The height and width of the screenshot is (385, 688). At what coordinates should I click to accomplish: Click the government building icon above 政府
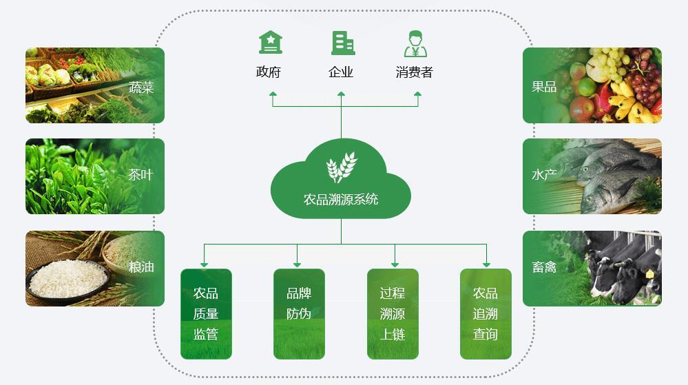pyautogui.click(x=270, y=43)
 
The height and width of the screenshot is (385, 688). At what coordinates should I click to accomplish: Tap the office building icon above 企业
pyautogui.click(x=342, y=43)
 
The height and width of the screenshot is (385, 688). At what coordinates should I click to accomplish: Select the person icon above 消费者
pyautogui.click(x=415, y=43)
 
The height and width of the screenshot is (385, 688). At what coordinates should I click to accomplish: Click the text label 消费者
pyautogui.click(x=414, y=72)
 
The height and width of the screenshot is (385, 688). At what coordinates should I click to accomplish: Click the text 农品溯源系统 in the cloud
pyautogui.click(x=341, y=200)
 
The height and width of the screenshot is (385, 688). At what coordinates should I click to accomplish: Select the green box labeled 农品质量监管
pyautogui.click(x=206, y=314)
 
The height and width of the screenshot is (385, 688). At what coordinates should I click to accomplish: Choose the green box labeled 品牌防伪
pyautogui.click(x=299, y=314)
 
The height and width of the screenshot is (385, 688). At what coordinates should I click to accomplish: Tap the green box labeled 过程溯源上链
pyautogui.click(x=393, y=314)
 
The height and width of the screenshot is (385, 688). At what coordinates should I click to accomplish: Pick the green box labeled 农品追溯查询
pyautogui.click(x=486, y=314)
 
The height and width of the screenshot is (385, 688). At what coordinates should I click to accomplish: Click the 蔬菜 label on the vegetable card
pyautogui.click(x=141, y=87)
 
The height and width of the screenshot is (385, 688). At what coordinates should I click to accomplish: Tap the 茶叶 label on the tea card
pyautogui.click(x=140, y=175)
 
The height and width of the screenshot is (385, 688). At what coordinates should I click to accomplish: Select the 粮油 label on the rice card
pyautogui.click(x=141, y=267)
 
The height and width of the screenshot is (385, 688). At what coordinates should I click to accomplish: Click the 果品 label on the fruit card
pyautogui.click(x=544, y=87)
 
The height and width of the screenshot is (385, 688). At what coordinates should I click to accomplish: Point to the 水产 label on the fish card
pyautogui.click(x=544, y=175)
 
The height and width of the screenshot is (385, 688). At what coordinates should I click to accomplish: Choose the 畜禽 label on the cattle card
pyautogui.click(x=544, y=267)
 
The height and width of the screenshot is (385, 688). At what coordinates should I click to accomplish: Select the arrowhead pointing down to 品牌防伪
pyautogui.click(x=297, y=264)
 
